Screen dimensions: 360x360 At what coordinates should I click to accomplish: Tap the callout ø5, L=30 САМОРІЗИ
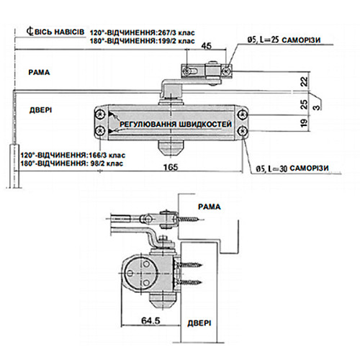pyautogui.click(x=292, y=169)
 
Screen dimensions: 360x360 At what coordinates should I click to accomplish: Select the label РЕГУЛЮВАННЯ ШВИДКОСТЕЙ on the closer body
pyautogui.click(x=175, y=125)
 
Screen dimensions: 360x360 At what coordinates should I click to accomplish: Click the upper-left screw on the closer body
pyautogui.click(x=99, y=114)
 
